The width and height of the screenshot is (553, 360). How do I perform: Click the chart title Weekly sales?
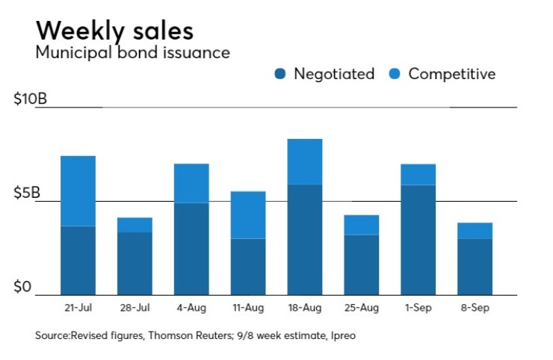114,31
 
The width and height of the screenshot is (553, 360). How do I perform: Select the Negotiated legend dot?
280,74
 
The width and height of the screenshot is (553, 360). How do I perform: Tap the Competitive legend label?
451,74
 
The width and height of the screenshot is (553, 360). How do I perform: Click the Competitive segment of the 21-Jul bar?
78,190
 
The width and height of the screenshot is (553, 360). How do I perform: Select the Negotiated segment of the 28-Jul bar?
135,263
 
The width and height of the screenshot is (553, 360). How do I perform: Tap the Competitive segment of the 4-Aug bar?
191,183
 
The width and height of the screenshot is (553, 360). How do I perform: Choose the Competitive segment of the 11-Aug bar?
248,215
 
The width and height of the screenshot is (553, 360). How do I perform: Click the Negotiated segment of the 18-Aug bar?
304,239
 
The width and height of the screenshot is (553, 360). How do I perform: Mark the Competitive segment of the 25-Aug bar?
361,225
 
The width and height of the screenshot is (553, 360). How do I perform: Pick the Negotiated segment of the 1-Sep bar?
418,240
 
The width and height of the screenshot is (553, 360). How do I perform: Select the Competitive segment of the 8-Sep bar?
475,231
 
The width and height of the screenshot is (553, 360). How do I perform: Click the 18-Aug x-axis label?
304,308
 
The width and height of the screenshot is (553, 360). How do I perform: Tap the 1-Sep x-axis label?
418,308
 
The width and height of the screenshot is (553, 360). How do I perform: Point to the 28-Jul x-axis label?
135,308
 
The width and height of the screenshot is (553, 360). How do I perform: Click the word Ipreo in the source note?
342,336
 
